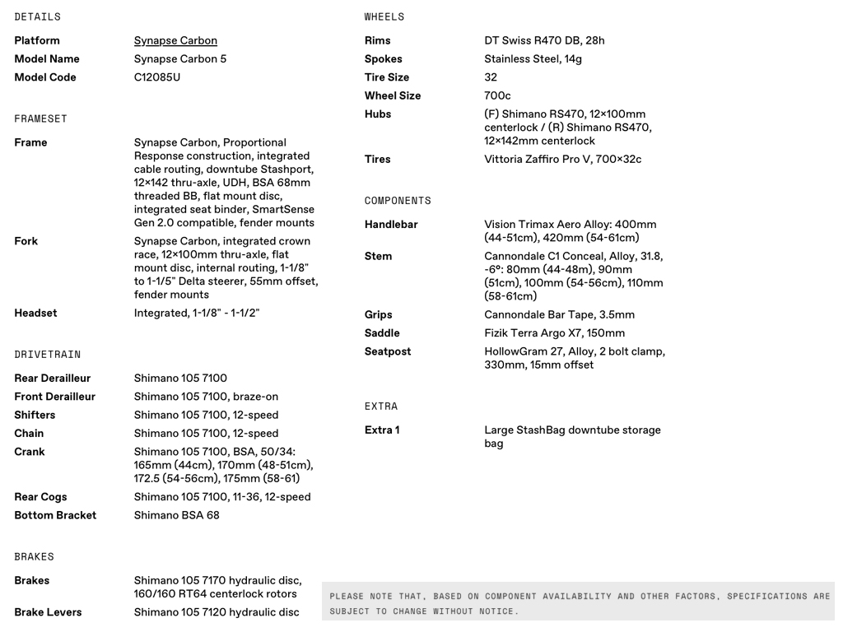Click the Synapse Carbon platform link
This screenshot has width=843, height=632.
175,40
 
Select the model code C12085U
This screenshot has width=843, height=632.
157,77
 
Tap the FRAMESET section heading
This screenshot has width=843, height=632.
40,118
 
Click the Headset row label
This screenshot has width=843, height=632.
35,313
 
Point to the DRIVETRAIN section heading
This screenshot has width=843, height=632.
48,355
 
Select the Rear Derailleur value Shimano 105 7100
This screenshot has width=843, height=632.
180,379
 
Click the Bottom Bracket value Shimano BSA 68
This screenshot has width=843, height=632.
176,515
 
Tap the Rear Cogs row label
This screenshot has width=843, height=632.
40,497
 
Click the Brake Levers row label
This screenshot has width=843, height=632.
48,612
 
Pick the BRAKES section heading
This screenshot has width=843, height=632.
34,557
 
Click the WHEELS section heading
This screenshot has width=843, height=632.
384,16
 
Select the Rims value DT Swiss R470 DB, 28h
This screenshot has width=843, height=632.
544,40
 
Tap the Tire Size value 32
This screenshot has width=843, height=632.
491,77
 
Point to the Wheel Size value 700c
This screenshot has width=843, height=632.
497,95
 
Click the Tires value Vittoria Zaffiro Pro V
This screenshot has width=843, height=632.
562,159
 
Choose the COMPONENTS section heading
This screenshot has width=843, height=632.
398,201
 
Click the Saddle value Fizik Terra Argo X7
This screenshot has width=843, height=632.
554,333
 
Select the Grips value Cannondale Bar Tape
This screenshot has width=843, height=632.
559,314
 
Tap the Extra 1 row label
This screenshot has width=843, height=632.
382,430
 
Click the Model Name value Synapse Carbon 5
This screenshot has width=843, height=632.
180,58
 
